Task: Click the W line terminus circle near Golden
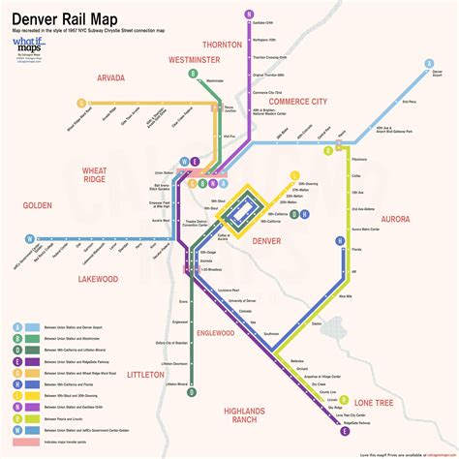(x=29, y=238)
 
